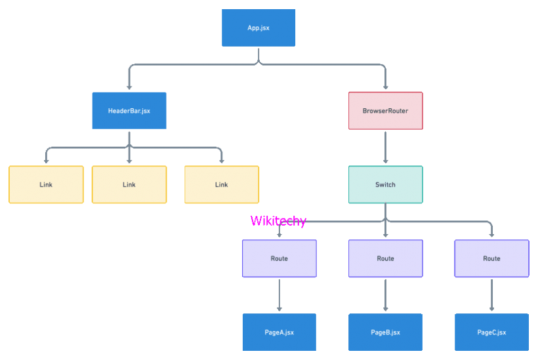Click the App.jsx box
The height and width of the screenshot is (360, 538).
(x=259, y=28)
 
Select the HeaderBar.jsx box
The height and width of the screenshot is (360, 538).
(x=129, y=111)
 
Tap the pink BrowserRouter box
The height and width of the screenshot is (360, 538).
(x=385, y=111)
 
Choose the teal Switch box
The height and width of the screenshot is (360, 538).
(x=385, y=185)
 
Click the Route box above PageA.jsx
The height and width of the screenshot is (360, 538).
(x=279, y=258)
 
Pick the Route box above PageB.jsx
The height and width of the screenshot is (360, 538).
(x=385, y=258)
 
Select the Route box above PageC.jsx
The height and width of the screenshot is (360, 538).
(x=491, y=258)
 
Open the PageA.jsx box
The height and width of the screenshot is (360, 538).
(x=279, y=332)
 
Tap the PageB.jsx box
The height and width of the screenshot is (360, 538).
(x=385, y=332)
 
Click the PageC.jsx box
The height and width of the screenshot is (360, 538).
(x=491, y=332)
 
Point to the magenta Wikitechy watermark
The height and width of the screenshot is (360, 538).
(x=278, y=222)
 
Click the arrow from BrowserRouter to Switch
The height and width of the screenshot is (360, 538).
(x=385, y=147)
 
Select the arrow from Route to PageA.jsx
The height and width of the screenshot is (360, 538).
(x=279, y=294)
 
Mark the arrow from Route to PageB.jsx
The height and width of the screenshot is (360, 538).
(x=385, y=294)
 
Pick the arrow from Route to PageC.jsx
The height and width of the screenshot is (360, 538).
(x=491, y=294)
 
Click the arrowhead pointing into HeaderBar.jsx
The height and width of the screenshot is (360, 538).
(x=129, y=87)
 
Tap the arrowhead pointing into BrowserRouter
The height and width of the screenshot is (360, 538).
(x=385, y=87)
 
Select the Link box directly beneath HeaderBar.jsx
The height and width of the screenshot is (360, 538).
(x=129, y=185)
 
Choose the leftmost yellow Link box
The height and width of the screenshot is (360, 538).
(x=46, y=185)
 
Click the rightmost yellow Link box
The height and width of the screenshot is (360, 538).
(x=222, y=185)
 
